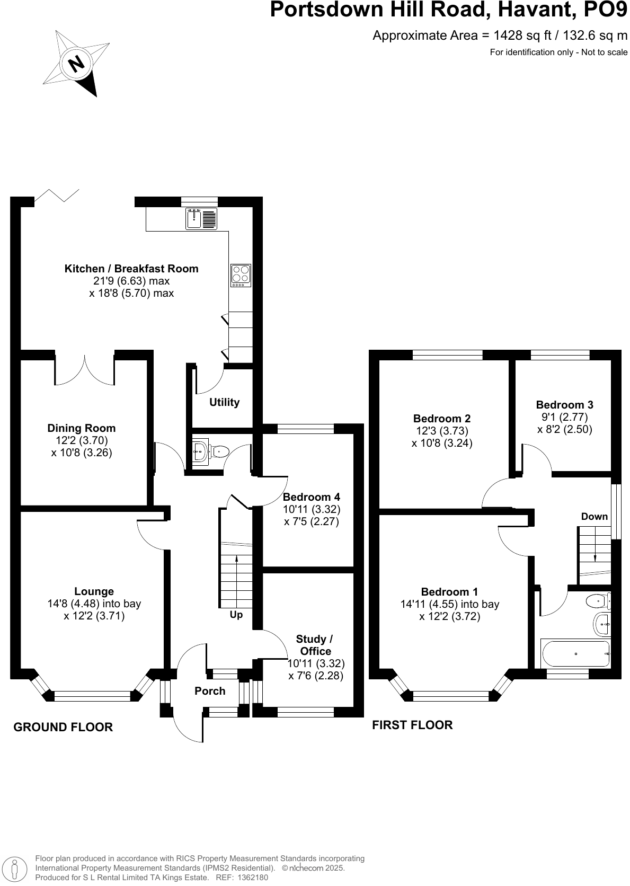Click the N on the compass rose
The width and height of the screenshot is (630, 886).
tap(77, 64)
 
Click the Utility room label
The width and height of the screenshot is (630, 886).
tap(224, 402)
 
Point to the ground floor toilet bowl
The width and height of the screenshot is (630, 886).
tap(220, 451)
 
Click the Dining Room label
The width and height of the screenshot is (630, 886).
tap(81, 428)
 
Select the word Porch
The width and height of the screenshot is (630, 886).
tap(210, 691)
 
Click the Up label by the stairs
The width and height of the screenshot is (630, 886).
tap(236, 615)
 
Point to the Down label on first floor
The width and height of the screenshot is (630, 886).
tap(594, 517)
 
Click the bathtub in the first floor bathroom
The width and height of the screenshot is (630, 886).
tap(575, 654)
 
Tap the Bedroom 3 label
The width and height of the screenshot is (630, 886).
tap(564, 404)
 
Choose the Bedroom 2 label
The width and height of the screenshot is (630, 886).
tap(441, 419)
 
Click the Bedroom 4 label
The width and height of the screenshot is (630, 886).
tap(311, 497)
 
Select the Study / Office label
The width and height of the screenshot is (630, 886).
tap(315, 645)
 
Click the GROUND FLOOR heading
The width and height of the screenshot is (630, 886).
tap(63, 727)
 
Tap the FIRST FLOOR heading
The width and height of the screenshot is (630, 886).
tap(412, 725)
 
